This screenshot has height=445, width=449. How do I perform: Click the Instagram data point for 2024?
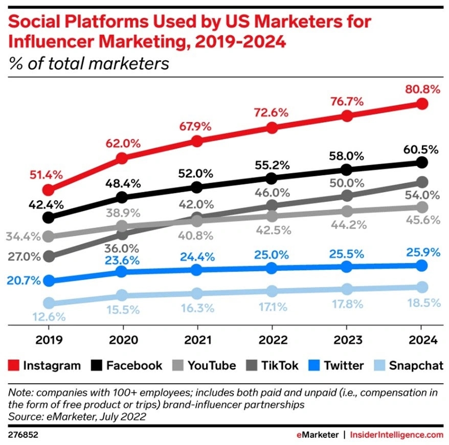(x=421, y=104)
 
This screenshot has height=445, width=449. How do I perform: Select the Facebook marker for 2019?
(x=49, y=217)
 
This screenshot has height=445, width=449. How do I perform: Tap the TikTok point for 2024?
(x=421, y=182)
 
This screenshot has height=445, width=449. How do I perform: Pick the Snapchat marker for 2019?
(x=49, y=303)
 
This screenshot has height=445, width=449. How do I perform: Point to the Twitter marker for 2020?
(x=122, y=271)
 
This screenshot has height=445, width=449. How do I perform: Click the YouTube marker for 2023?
(x=347, y=211)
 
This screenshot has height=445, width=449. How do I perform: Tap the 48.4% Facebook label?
(x=122, y=183)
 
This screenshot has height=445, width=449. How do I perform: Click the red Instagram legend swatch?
(x=14, y=365)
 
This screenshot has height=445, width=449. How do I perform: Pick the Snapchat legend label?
(x=414, y=365)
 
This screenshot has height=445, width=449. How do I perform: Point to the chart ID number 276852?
(x=24, y=434)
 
